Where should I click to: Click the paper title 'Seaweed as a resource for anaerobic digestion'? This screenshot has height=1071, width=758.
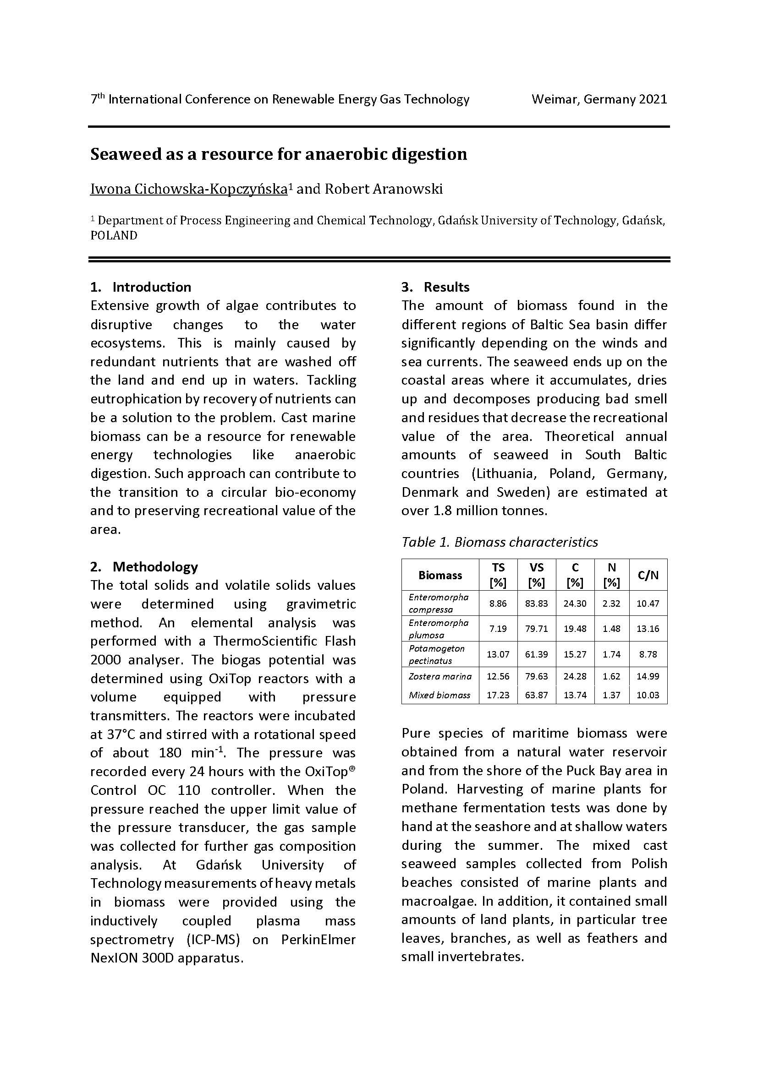[279, 154]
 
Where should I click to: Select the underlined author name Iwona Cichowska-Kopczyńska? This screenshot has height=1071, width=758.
[188, 189]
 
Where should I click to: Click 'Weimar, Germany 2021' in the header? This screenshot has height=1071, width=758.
[599, 99]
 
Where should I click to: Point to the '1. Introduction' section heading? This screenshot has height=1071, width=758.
[141, 287]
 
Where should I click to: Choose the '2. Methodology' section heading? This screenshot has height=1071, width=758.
[144, 567]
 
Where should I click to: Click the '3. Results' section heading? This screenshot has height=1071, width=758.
[435, 287]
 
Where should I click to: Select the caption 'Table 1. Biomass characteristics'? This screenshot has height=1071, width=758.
[500, 542]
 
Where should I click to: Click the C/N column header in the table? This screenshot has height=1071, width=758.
[648, 575]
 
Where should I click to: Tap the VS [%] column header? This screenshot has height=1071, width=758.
[536, 575]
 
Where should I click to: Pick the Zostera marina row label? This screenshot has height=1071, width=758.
[440, 676]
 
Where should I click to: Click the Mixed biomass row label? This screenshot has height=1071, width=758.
[439, 695]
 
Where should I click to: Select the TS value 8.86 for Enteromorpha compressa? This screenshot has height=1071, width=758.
[498, 603]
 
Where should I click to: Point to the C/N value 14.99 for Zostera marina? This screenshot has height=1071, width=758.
[648, 676]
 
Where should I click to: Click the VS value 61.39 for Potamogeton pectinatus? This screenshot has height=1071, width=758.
[536, 654]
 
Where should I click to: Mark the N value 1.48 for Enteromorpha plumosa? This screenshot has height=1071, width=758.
[611, 629]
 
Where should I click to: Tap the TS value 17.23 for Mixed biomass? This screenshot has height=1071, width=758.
[498, 695]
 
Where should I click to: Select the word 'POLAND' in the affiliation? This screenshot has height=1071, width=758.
[114, 235]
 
